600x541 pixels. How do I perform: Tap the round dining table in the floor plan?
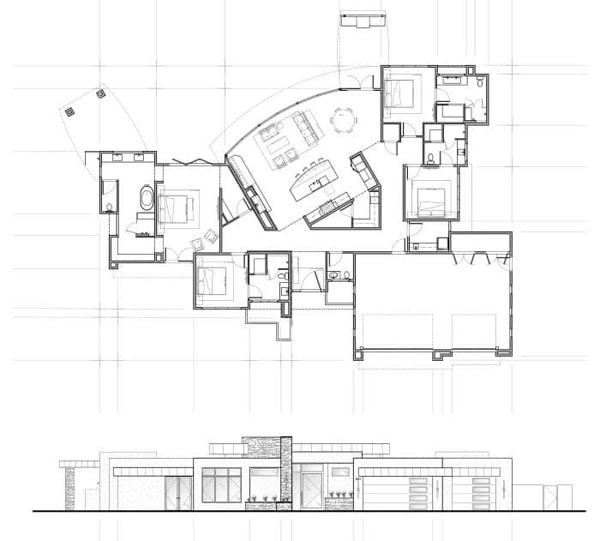[x=344, y=121]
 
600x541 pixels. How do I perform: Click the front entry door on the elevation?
[x=312, y=487]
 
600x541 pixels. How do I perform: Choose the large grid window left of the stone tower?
[x=223, y=486]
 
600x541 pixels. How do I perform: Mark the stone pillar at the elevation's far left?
[x=70, y=486]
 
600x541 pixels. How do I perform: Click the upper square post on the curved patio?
[x=100, y=93]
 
